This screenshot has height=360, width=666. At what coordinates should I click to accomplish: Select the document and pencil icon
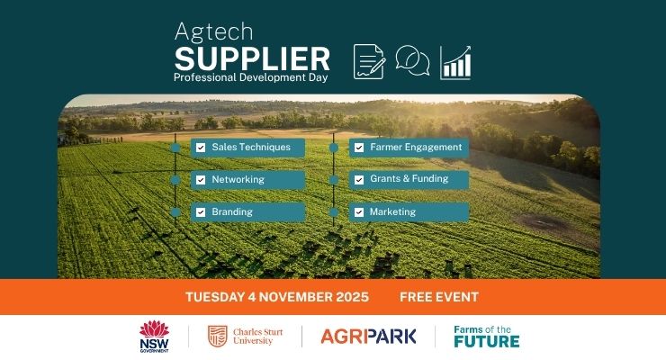click(369, 61)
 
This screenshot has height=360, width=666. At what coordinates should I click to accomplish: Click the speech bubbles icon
click(412, 61)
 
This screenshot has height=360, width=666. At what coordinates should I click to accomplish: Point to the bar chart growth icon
click(455, 62)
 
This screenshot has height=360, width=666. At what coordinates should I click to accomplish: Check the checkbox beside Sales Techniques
click(201, 147)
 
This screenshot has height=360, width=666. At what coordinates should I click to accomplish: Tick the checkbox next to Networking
click(201, 179)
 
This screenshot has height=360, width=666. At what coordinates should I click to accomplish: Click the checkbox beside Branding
click(201, 212)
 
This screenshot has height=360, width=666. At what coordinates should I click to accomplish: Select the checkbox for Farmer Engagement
click(359, 147)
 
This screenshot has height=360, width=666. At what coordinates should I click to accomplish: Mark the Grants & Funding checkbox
click(359, 179)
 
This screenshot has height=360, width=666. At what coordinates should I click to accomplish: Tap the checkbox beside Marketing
click(359, 212)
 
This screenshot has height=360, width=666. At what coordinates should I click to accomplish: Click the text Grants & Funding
click(409, 179)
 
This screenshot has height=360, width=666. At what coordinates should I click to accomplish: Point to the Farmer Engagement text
click(416, 147)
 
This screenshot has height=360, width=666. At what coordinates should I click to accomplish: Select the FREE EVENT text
click(439, 297)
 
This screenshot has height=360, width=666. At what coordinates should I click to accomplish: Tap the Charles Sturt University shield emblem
click(216, 336)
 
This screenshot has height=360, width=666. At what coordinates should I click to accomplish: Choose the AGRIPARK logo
click(368, 337)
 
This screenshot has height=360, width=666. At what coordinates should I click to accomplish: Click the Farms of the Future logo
click(486, 336)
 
